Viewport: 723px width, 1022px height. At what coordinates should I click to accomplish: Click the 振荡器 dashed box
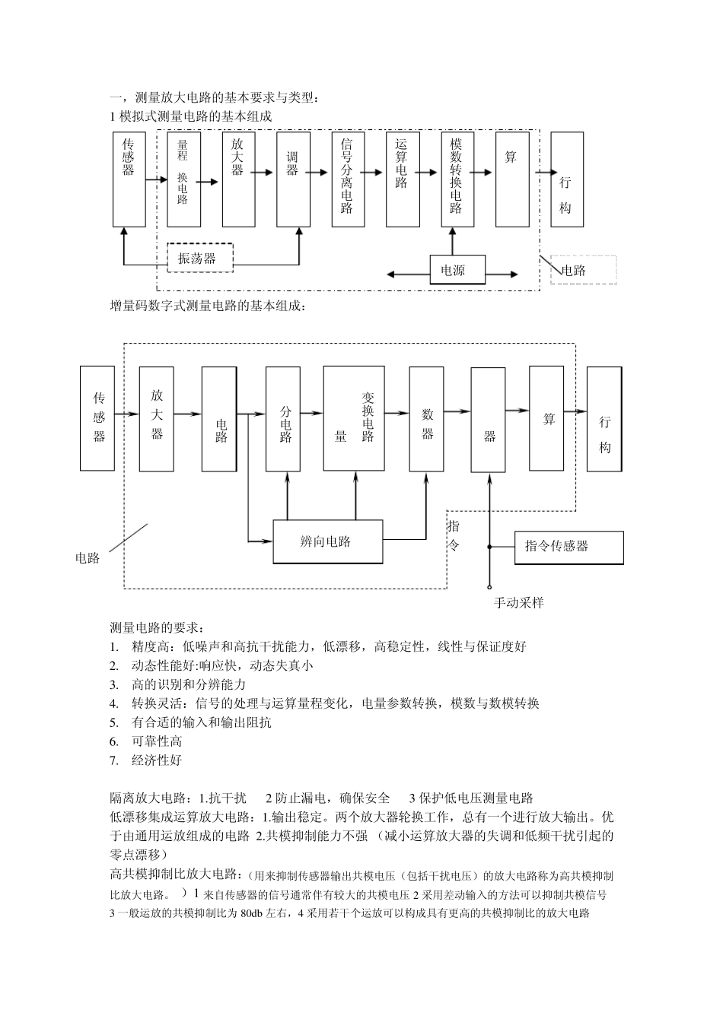click(199, 259)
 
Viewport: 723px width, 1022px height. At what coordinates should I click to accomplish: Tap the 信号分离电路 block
click(348, 179)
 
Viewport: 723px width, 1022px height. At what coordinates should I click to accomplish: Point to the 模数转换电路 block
click(457, 179)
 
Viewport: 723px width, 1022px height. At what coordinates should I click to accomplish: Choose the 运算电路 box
click(403, 179)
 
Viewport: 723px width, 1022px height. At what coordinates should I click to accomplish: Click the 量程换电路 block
click(183, 179)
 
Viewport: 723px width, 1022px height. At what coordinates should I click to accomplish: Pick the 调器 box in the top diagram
click(293, 179)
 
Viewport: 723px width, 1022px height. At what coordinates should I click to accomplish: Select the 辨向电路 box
click(327, 541)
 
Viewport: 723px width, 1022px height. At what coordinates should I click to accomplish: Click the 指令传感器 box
click(569, 547)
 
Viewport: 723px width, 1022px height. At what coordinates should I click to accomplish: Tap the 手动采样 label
click(518, 603)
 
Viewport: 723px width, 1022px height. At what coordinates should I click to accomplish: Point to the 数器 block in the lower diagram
click(427, 419)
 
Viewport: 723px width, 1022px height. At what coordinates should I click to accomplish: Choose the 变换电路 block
click(354, 419)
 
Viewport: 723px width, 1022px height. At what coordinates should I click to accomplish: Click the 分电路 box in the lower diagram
click(287, 419)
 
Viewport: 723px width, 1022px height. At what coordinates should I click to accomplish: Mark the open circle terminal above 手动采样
click(489, 587)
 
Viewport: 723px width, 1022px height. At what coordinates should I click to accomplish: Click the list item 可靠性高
click(157, 741)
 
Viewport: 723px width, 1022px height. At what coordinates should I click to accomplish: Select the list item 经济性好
click(157, 760)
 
